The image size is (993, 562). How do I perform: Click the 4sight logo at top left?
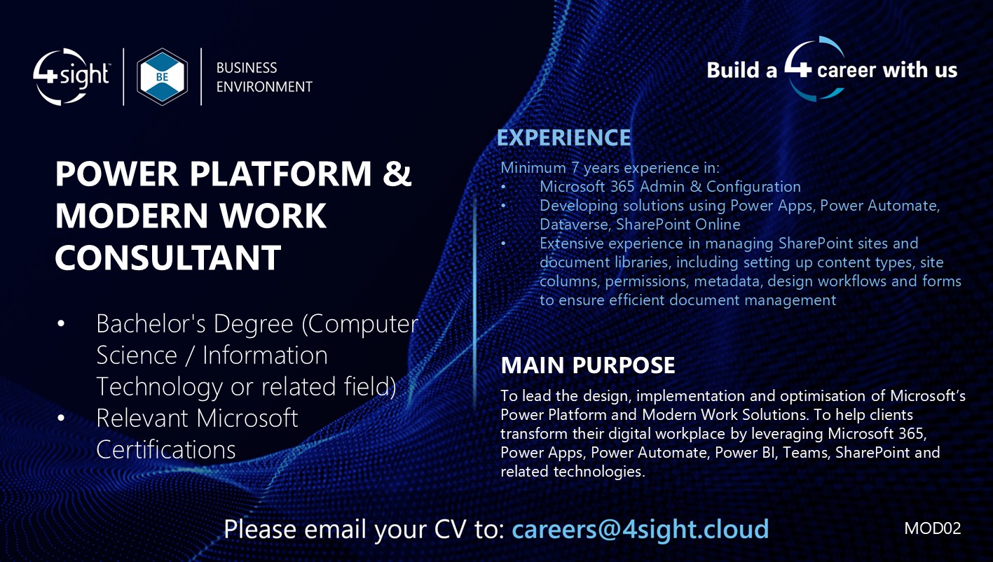(71, 76)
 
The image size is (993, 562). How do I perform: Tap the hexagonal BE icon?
(162, 76)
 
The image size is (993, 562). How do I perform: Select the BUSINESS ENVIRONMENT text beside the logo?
(263, 77)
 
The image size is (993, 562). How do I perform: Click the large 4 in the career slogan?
(797, 69)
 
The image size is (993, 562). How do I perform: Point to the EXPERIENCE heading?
(563, 138)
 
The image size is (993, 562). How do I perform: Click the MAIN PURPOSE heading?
(587, 365)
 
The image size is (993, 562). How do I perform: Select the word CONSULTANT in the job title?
(168, 258)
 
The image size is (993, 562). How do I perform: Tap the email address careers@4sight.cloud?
(640, 528)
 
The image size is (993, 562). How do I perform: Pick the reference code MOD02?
(932, 528)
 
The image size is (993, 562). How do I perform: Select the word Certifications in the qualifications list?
(165, 449)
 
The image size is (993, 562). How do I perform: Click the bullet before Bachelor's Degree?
(61, 324)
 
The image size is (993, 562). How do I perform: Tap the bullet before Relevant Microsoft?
(61, 418)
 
